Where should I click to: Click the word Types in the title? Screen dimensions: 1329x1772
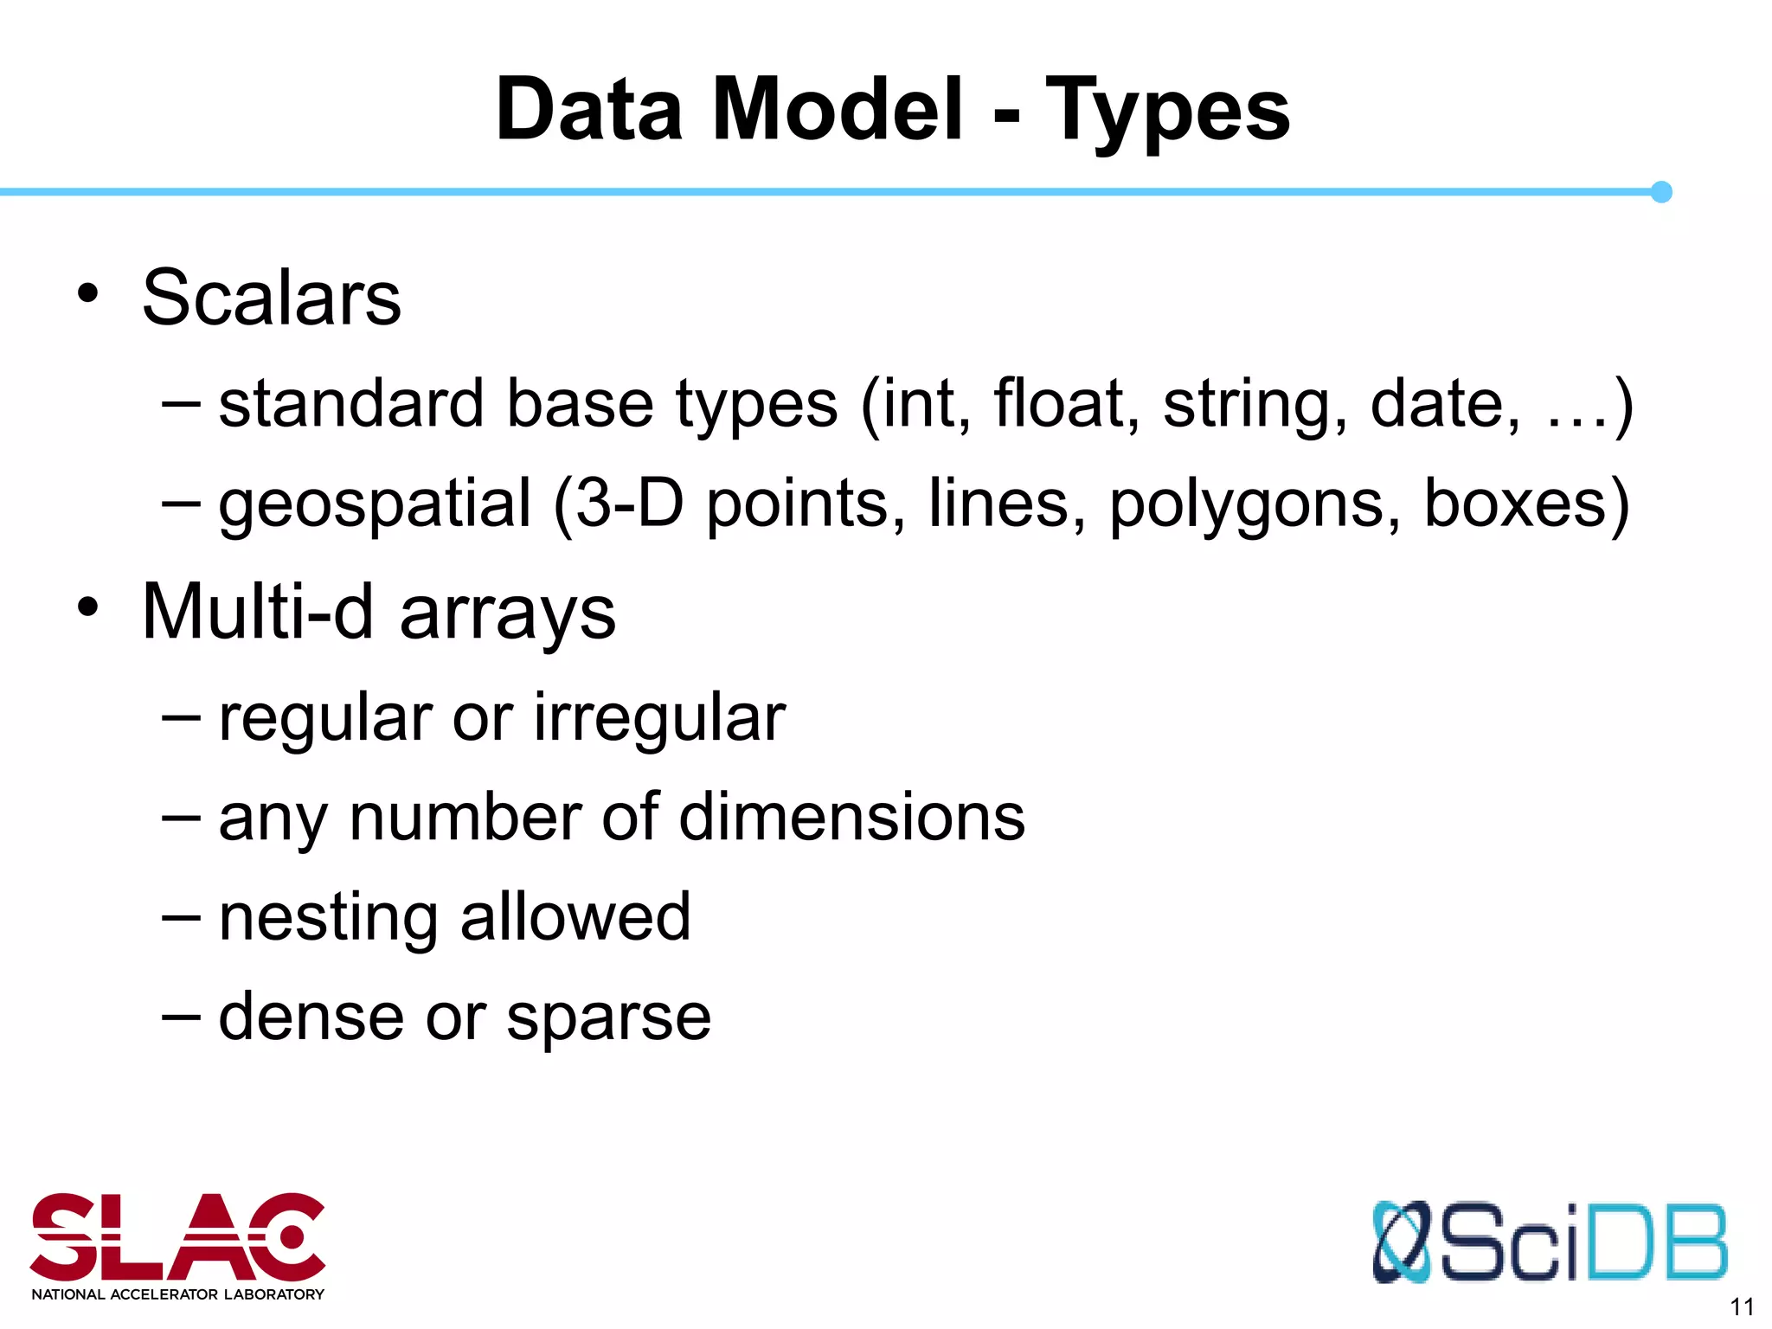pos(1167,111)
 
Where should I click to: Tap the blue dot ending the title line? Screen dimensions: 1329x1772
pos(1660,192)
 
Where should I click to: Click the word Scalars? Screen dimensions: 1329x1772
pos(272,298)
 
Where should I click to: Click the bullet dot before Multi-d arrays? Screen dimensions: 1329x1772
pos(87,607)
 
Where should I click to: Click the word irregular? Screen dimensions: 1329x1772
pos(659,718)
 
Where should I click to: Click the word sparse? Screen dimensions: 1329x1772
pos(608,1018)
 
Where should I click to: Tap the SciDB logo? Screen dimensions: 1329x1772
pos(1549,1242)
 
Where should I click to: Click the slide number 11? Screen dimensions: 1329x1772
pos(1741,1307)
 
